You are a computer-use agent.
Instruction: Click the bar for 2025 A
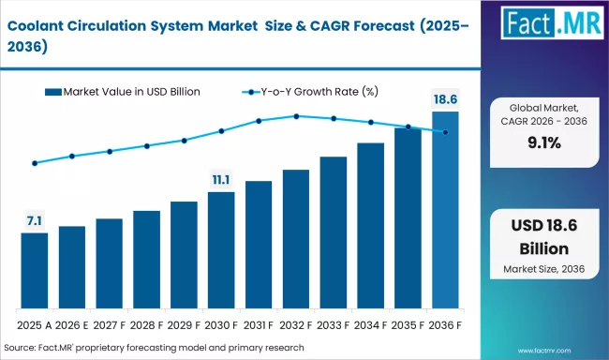point(35,271)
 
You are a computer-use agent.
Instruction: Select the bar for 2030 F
point(221,250)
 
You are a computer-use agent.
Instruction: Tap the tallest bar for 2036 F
point(445,210)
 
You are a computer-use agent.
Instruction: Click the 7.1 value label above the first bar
point(35,221)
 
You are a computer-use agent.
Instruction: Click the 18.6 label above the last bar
point(445,98)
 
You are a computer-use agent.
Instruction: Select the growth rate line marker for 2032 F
point(296,116)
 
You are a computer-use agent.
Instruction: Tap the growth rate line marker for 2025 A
point(35,163)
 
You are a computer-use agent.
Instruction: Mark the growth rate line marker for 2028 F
point(147,145)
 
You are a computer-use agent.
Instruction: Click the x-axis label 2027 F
point(110,325)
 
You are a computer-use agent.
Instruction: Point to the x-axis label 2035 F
point(408,325)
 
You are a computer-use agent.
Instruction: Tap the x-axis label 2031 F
point(259,325)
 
